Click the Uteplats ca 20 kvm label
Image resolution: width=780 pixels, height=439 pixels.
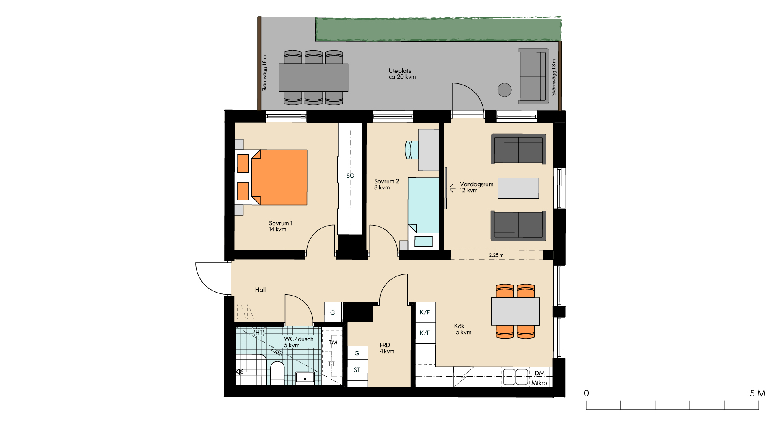click(x=402, y=74)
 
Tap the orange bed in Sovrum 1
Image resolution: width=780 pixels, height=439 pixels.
click(x=271, y=177)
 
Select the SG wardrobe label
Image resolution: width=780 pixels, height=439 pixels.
click(x=350, y=176)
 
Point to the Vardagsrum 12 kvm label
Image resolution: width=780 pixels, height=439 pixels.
click(x=477, y=187)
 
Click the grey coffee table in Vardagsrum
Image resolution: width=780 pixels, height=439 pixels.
click(x=518, y=188)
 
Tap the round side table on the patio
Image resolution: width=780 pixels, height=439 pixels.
click(x=505, y=90)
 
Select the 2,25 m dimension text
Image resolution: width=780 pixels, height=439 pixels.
click(x=496, y=255)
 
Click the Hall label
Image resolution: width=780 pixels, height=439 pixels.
click(x=260, y=290)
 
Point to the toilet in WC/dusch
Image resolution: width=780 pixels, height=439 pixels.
click(x=277, y=373)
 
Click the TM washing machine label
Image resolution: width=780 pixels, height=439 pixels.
click(x=333, y=342)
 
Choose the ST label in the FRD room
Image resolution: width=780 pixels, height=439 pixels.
click(x=357, y=370)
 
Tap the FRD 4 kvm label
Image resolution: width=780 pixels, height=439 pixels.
click(x=387, y=348)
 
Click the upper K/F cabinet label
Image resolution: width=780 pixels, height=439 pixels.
click(x=425, y=312)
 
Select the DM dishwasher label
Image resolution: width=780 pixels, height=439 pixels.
click(x=539, y=373)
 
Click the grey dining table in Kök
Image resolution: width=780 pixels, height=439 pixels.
click(x=515, y=311)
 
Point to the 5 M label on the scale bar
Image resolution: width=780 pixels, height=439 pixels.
click(x=757, y=393)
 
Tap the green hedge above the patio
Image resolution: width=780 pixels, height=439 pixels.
click(x=439, y=29)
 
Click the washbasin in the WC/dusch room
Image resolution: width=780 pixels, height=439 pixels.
click(x=305, y=378)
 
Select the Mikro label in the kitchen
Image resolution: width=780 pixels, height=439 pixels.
click(x=539, y=383)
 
